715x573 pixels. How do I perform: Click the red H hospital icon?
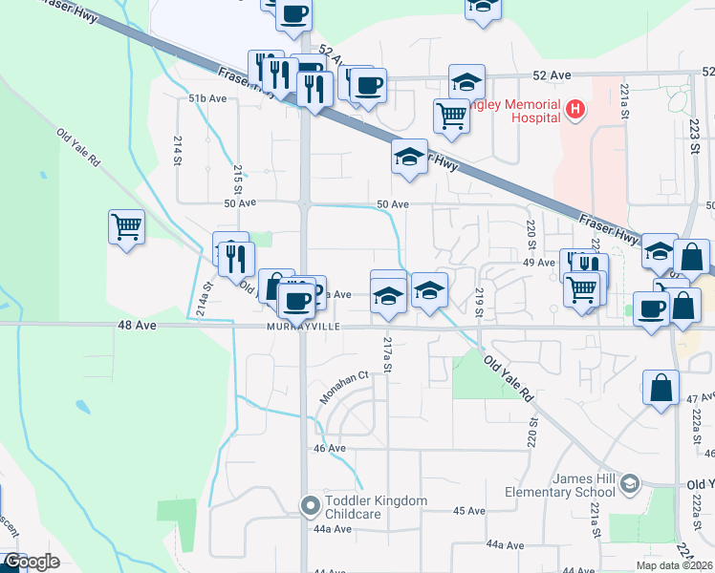[574, 110]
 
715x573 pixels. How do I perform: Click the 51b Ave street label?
[207, 98]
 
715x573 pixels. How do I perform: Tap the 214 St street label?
[178, 150]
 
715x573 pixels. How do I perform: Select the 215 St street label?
[238, 176]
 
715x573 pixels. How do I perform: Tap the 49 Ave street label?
[539, 263]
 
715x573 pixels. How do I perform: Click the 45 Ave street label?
[469, 511]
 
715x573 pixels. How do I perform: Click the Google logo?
[31, 562]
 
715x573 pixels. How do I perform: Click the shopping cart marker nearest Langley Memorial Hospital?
[451, 117]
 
